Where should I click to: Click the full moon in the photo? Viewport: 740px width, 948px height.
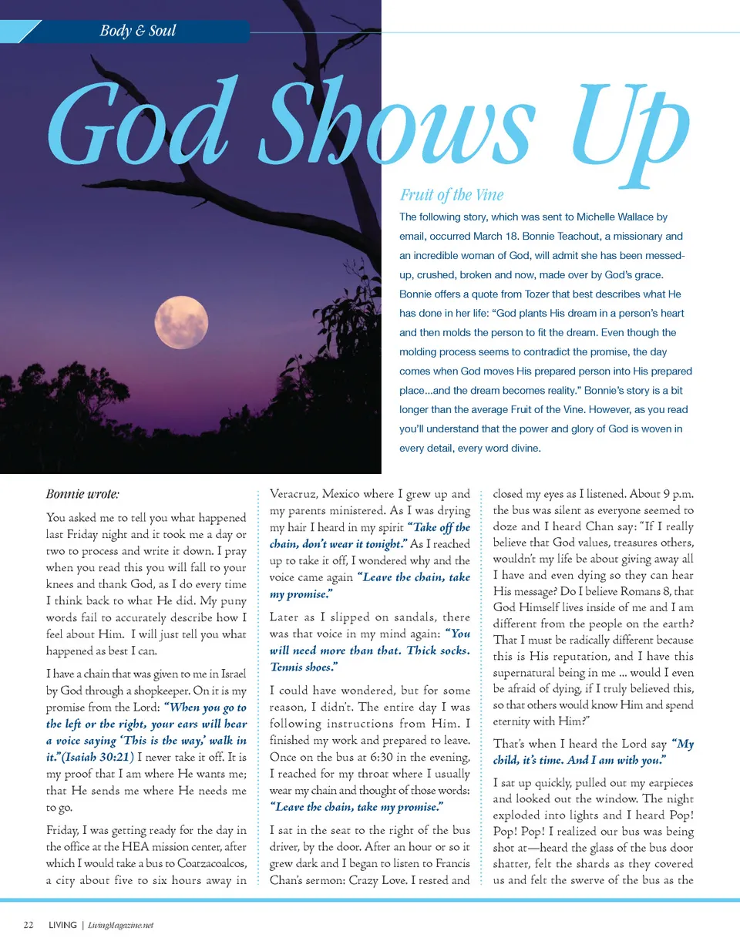(x=181, y=322)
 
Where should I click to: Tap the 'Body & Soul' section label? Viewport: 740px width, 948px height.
(x=138, y=32)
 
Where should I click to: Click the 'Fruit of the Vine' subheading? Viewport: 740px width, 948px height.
(x=452, y=195)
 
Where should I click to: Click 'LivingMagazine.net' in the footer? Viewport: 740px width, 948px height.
(x=121, y=926)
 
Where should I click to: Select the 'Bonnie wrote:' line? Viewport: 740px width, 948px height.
(x=82, y=493)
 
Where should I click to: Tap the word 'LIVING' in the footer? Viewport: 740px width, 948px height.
(x=62, y=926)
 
